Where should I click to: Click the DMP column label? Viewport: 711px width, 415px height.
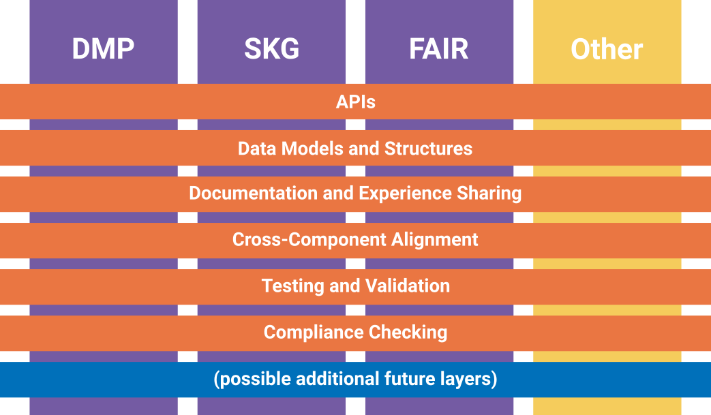coord(104,49)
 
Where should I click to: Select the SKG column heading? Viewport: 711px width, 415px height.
coord(271,49)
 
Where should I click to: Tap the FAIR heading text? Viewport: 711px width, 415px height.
coord(439,49)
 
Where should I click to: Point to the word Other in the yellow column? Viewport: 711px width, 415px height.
coord(607,49)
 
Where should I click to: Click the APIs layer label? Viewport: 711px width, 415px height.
coord(355,102)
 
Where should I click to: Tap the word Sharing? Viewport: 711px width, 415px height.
coord(489,194)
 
